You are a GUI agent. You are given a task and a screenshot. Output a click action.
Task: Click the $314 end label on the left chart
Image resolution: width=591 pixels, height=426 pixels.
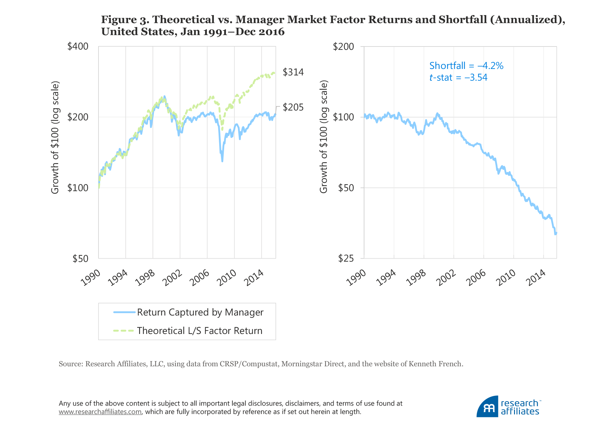[293, 72]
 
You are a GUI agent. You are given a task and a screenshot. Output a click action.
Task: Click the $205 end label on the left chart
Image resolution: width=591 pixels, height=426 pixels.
[293, 107]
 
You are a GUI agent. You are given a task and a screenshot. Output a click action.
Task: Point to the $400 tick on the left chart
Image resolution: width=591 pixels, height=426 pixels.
[78, 46]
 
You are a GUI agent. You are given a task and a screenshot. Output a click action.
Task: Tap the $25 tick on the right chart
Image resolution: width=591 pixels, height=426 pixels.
[346, 258]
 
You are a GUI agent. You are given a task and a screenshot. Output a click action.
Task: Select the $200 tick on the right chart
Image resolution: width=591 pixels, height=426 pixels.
[344, 46]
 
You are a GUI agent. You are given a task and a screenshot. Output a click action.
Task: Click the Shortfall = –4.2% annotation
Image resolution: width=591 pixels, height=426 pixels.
[466, 66]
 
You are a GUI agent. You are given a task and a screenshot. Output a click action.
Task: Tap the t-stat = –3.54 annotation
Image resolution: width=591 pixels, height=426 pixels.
[458, 77]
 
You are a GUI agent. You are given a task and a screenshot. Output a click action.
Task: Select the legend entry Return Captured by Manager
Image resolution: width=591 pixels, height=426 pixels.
[200, 312]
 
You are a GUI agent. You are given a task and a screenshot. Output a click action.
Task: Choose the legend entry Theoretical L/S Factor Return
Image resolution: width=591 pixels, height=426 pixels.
[199, 331]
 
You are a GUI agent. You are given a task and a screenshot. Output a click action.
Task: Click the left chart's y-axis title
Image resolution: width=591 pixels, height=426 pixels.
[55, 138]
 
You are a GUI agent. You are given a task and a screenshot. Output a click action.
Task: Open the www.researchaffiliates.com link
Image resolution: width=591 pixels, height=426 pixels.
[100, 412]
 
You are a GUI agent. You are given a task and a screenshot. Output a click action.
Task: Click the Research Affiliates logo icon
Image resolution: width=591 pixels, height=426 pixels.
[488, 407]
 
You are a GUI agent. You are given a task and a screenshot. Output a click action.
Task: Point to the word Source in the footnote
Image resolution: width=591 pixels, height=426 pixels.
[70, 364]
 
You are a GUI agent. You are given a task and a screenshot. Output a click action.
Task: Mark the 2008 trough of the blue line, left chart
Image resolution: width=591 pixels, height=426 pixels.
[222, 161]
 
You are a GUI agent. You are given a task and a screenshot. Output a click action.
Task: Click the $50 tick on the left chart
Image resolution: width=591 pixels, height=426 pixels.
[80, 258]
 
